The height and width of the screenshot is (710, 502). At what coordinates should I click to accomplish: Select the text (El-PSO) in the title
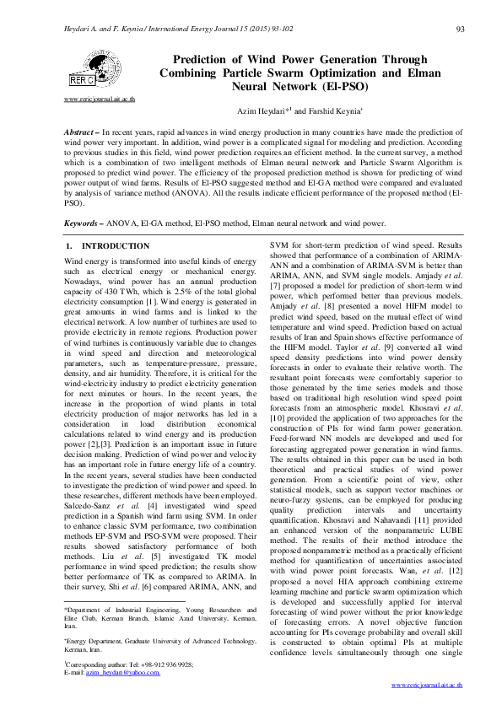pos(345,86)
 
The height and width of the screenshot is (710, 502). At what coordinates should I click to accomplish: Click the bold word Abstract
pos(81,134)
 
